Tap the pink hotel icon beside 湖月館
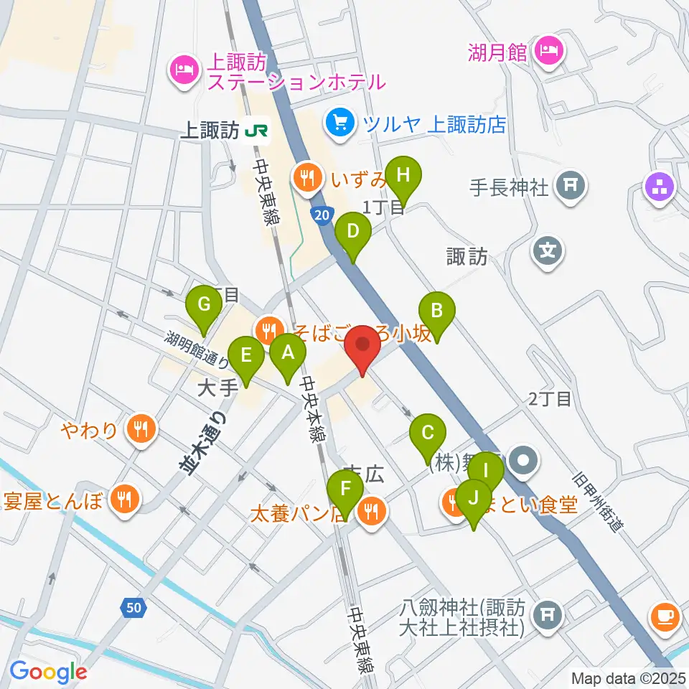coord(550,50)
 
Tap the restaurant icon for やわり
coord(138,430)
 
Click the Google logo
coord(49,671)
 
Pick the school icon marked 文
coord(548,251)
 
